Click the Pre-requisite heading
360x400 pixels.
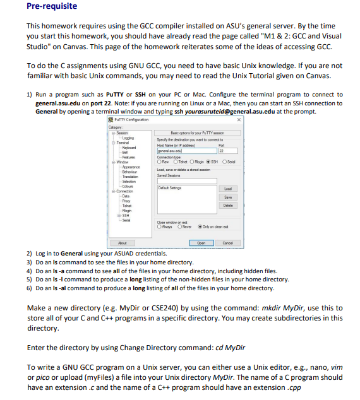point(52,6)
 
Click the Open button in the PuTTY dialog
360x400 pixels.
point(201,242)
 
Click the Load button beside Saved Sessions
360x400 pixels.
point(228,171)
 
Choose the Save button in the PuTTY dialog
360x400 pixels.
point(228,179)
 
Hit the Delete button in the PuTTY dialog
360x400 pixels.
point(228,187)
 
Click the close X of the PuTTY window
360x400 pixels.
point(238,119)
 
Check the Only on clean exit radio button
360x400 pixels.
point(200,226)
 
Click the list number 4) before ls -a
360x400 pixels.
point(29,270)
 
